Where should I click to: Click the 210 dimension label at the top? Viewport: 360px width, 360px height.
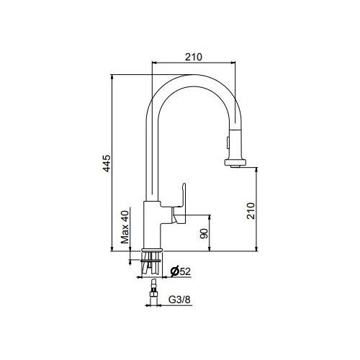tap(194, 57)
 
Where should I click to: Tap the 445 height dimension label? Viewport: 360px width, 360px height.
tap(107, 163)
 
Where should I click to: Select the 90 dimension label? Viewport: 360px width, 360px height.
tap(204, 233)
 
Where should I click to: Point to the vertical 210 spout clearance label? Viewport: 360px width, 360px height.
tap(251, 210)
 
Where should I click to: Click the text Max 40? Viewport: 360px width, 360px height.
tap(125, 228)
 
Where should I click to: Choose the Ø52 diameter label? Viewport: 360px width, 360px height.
tap(181, 271)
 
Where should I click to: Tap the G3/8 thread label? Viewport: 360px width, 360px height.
tap(179, 300)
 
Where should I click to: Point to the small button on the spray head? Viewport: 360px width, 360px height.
tap(226, 143)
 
